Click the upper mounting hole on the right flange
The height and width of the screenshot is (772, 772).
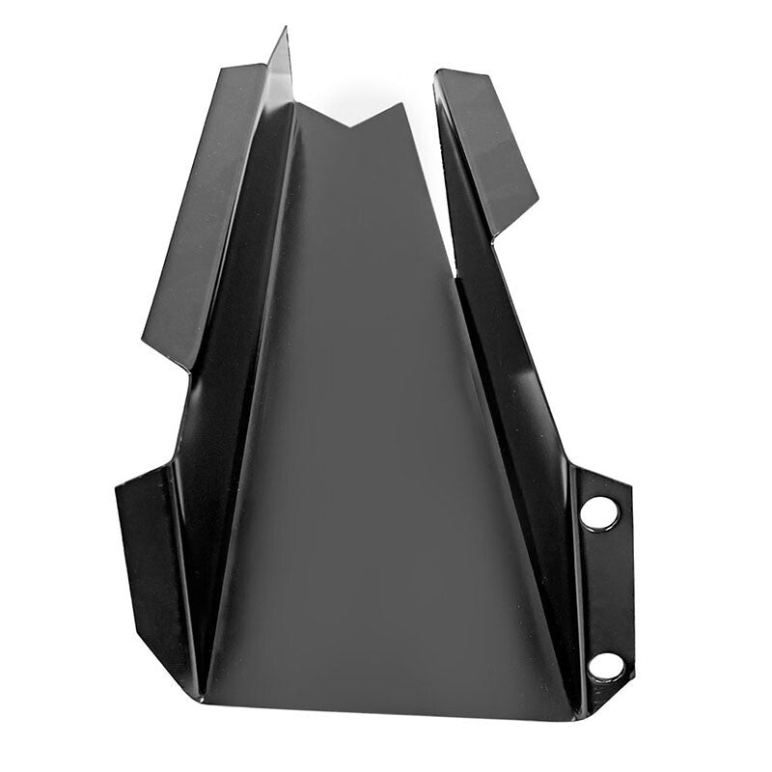tap(598, 512)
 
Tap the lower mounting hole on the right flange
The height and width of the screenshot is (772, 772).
tap(605, 665)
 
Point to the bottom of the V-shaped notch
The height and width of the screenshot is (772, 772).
tap(347, 126)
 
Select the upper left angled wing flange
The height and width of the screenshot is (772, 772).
tap(208, 212)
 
